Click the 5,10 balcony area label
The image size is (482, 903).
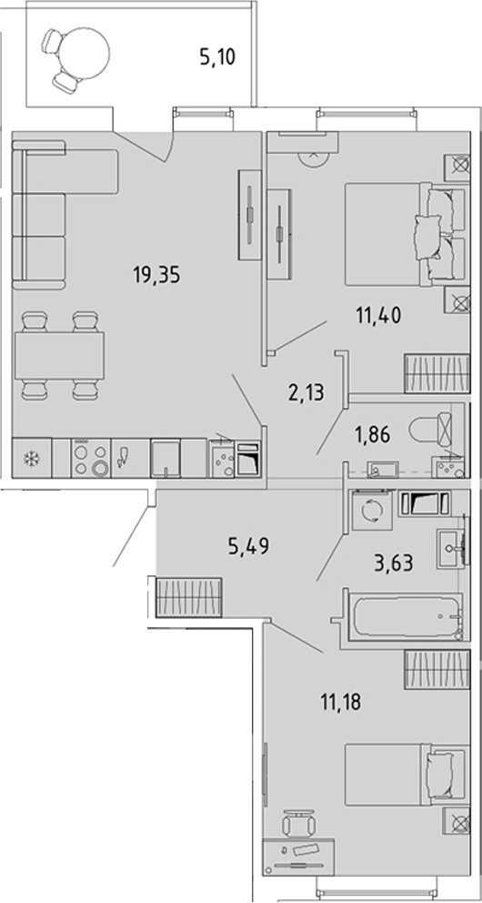[217, 57]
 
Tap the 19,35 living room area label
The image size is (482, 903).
[156, 276]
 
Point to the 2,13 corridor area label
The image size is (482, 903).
[306, 393]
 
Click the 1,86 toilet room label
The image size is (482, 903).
[372, 434]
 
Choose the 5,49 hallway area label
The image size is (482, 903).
[249, 544]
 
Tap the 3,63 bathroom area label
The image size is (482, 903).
[395, 563]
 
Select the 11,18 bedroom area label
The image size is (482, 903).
[340, 702]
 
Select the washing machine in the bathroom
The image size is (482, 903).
[372, 510]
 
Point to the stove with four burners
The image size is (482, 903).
[90, 458]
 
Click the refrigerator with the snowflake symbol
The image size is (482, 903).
[32, 458]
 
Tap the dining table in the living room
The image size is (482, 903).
[60, 355]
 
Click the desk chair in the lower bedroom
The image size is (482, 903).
[298, 824]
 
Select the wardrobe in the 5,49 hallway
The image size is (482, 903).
[189, 596]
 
